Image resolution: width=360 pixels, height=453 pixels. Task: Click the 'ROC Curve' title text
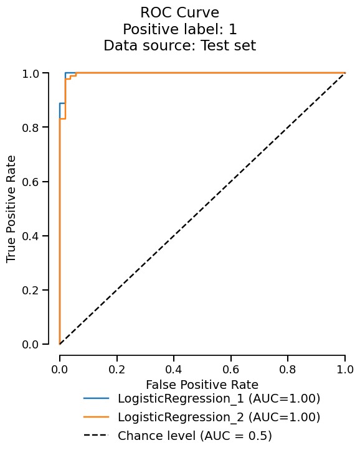click(179, 12)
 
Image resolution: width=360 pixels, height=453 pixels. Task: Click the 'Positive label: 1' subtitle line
click(179, 29)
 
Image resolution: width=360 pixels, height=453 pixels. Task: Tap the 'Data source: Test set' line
click(179, 45)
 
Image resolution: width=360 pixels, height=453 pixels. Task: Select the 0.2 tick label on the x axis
click(116, 370)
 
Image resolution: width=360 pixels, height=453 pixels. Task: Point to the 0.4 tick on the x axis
click(174, 370)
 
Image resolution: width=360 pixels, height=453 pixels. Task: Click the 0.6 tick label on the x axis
click(230, 370)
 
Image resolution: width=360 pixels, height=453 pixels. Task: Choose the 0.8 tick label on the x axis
click(288, 370)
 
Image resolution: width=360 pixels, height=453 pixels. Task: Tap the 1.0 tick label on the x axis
click(344, 370)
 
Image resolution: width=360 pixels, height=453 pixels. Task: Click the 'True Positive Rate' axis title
click(11, 208)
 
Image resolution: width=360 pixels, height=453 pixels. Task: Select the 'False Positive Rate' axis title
click(202, 385)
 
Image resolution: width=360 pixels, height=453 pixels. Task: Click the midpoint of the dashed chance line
click(202, 208)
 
